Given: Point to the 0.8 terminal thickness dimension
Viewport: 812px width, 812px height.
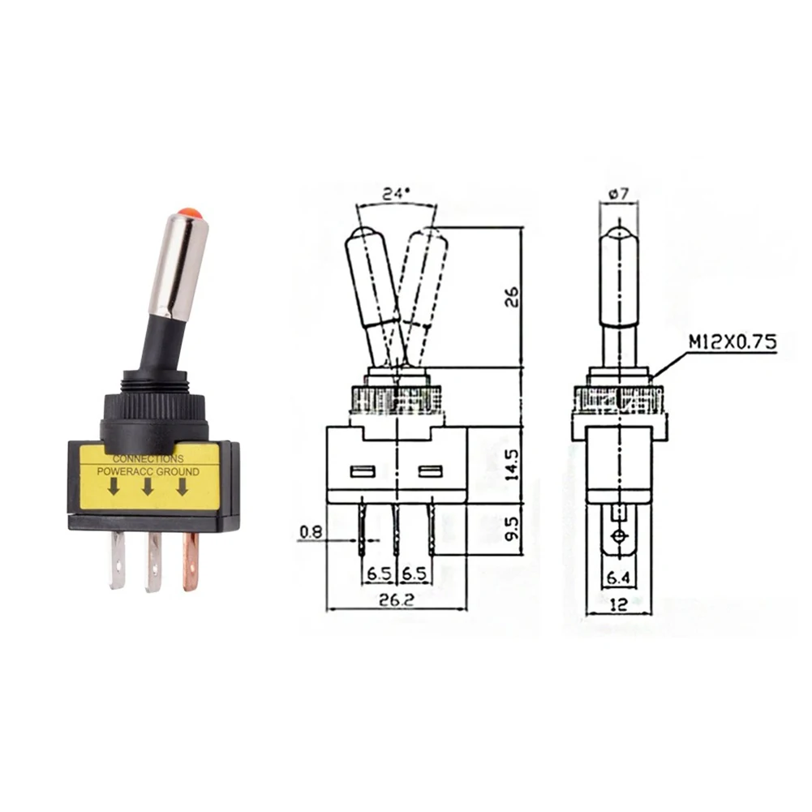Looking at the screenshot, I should (x=311, y=532).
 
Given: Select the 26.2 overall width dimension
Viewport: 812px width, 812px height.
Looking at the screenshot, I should (x=396, y=602).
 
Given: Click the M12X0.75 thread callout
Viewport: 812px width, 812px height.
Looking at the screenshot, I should (x=733, y=342).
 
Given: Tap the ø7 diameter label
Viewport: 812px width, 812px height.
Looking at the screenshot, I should (x=618, y=195).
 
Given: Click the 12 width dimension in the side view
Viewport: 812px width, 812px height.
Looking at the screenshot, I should (x=619, y=604).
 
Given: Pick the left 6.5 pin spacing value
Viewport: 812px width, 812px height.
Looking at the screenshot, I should (x=378, y=574).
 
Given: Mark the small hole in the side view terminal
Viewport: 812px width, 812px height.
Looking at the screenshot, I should (x=620, y=536).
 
